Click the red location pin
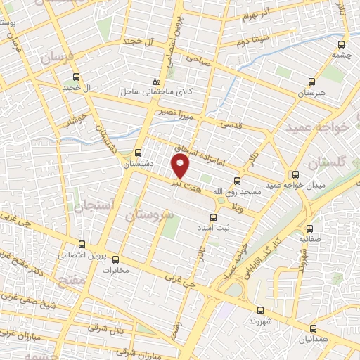(181, 166)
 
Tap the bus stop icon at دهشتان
(139, 152)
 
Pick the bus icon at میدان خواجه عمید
(295, 174)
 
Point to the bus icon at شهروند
(260, 309)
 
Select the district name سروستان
(148, 214)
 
